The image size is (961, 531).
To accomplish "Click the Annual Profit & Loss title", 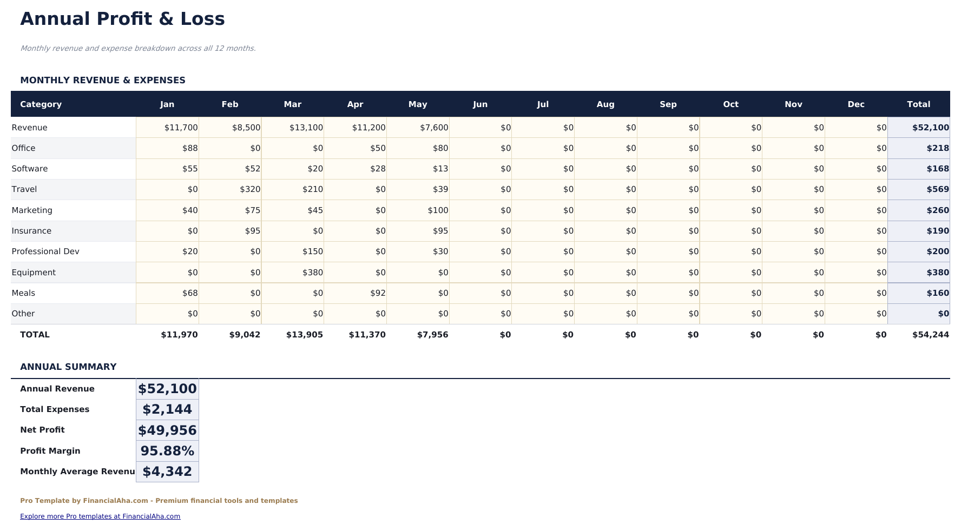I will (x=122, y=19).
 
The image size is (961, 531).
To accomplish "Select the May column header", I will (x=418, y=104).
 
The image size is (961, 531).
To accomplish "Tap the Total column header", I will (x=918, y=104).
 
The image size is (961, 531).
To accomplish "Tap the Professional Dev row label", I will (x=45, y=251).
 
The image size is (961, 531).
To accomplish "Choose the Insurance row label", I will (x=31, y=231).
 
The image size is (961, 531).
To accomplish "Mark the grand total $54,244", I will (x=930, y=335).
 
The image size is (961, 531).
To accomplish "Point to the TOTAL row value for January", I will (x=179, y=335).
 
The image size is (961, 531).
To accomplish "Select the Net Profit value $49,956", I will (x=167, y=430).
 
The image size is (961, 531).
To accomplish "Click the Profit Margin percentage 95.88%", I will (x=167, y=451).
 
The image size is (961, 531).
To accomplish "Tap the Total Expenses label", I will (x=55, y=409).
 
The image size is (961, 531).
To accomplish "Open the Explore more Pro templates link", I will (x=100, y=516).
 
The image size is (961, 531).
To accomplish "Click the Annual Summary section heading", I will (x=68, y=367).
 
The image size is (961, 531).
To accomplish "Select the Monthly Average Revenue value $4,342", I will (x=167, y=472).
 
